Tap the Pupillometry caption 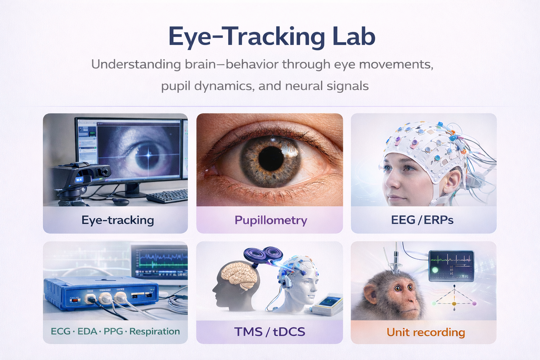click(x=271, y=220)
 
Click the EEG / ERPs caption click(x=422, y=220)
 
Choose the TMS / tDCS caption click(x=270, y=332)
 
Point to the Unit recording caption click(x=426, y=333)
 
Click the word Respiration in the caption click(x=154, y=332)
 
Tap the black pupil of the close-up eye click(x=271, y=159)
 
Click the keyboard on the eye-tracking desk click(x=167, y=196)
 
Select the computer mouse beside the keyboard click(x=121, y=201)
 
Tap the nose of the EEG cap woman click(x=393, y=183)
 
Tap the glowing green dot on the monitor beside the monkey click(x=435, y=270)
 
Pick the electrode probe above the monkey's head click(x=396, y=258)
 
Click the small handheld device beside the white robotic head click(x=328, y=304)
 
